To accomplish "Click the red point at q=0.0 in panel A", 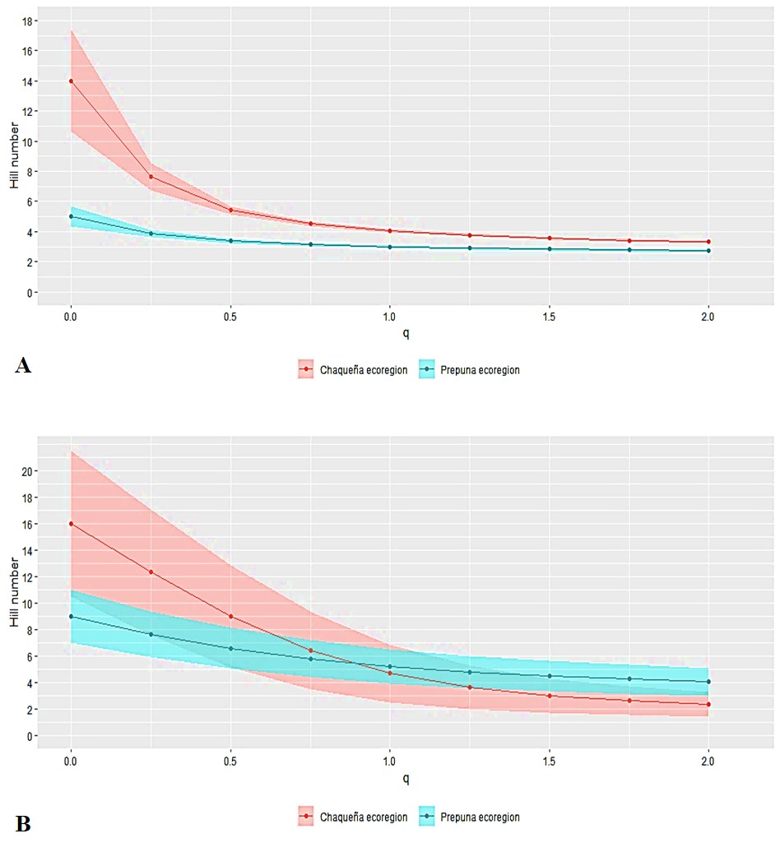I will pyautogui.click(x=71, y=81).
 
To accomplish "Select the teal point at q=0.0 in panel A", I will pyautogui.click(x=71, y=216).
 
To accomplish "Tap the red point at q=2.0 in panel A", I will pyautogui.click(x=708, y=242).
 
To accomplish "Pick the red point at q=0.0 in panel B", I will pyautogui.click(x=71, y=524).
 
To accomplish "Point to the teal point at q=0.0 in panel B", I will pyautogui.click(x=71, y=616).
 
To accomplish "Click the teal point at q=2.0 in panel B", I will pyautogui.click(x=708, y=682).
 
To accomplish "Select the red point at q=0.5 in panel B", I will pyautogui.click(x=230, y=616).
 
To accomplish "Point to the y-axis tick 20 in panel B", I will pyautogui.click(x=27, y=471).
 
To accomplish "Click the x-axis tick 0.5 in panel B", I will pyautogui.click(x=230, y=762).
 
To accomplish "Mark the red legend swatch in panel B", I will pyautogui.click(x=307, y=817).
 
